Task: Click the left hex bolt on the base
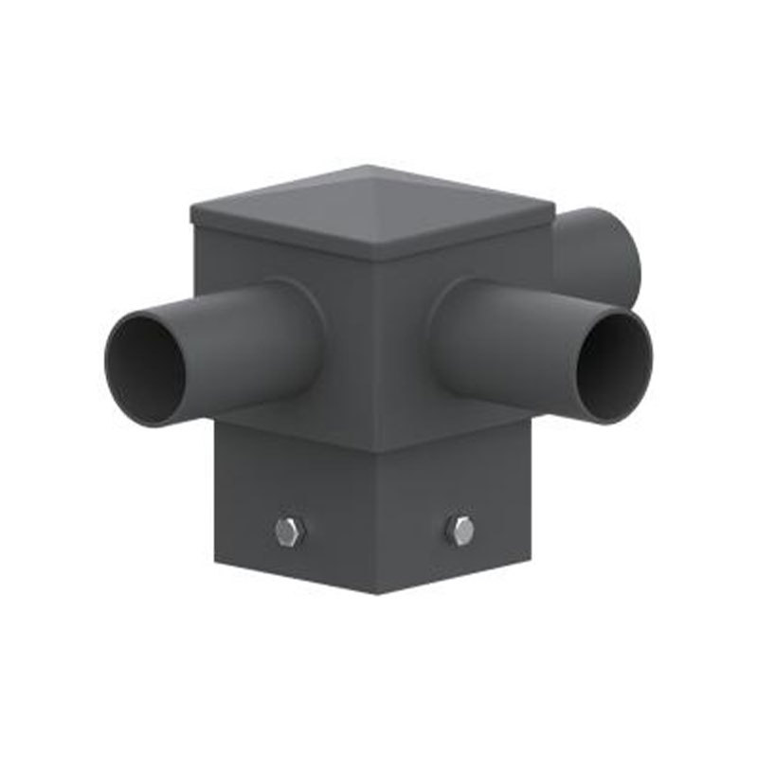point(285,532)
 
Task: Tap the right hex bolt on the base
point(460,531)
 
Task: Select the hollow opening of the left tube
point(145,370)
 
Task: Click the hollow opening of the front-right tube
point(615,367)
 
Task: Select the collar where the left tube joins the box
point(298,327)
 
